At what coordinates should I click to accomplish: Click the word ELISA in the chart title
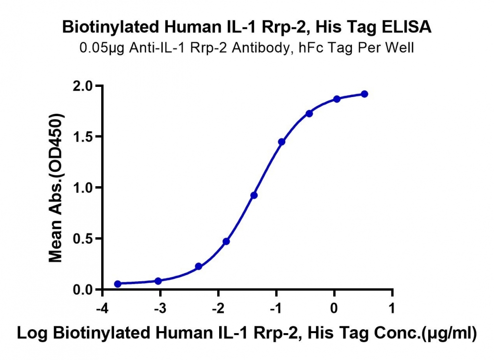pos(406,27)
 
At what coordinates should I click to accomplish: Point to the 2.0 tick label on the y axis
pos(82,86)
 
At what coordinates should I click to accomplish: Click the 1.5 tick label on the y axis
pos(82,137)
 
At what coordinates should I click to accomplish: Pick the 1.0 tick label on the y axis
pos(82,188)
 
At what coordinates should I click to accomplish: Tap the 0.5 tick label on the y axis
pos(82,239)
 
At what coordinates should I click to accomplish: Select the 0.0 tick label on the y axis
pos(82,289)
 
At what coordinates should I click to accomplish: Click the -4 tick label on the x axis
pos(102,308)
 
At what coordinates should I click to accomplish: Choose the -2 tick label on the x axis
pos(218,308)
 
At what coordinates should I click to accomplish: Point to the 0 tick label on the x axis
pos(334,308)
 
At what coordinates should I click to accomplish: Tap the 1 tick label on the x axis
pos(392,308)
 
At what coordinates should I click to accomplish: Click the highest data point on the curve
pos(365,94)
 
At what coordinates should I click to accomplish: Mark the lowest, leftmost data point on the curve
pos(118,284)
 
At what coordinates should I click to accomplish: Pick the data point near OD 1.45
pos(282,142)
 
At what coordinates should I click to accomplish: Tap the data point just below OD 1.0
pos(254,195)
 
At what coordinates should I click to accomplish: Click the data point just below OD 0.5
pos(226,241)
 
